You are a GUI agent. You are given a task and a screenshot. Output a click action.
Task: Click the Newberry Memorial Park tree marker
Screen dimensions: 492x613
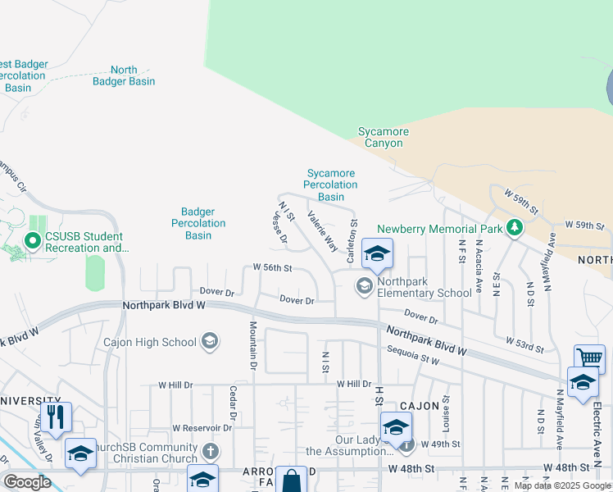point(514,226)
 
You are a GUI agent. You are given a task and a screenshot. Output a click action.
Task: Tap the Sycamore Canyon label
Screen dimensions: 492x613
point(383,137)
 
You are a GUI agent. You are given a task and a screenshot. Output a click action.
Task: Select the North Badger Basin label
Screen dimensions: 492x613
point(124,75)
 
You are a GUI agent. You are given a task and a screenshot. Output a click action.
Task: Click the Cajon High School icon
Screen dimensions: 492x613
point(210,341)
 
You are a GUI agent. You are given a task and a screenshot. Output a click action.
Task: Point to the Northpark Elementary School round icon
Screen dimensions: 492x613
point(363,285)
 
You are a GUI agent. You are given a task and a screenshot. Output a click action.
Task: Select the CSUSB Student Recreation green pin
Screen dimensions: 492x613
point(33,241)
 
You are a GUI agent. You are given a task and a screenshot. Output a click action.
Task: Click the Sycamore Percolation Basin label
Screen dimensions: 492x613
point(331,184)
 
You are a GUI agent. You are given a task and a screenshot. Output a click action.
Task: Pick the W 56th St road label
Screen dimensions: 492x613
point(273,267)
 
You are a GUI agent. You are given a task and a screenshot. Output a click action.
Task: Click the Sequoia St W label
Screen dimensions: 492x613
point(413,358)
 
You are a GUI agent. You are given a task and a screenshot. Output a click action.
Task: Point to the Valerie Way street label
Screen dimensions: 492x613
point(322,231)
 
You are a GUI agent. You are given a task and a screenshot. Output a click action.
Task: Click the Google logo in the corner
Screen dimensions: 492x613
point(27,481)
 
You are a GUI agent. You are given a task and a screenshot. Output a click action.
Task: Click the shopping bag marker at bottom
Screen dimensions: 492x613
point(290,481)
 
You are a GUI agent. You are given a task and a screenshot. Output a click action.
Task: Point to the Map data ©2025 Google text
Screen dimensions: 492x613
point(562,485)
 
